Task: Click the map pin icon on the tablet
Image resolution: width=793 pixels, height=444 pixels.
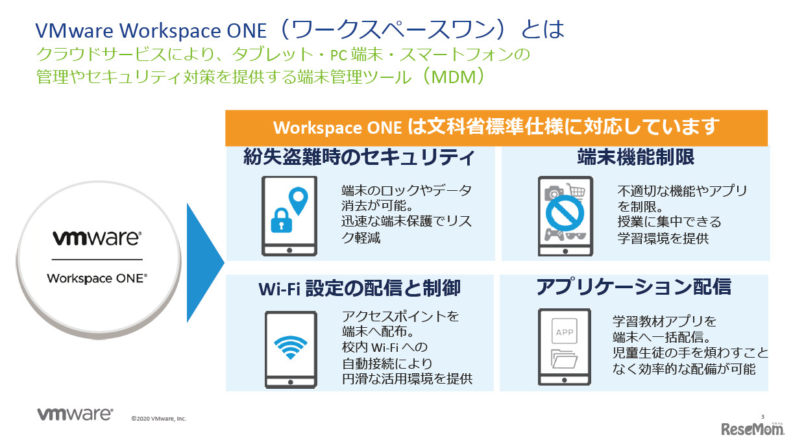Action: [298, 199]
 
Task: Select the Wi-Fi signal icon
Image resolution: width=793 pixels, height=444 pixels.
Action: [290, 348]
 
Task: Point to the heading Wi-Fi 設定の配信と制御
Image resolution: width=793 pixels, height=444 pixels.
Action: [360, 287]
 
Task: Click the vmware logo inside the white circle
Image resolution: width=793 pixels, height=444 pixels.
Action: [97, 238]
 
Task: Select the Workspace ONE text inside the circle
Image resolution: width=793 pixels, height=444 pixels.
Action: [97, 278]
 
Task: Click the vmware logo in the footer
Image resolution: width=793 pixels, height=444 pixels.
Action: [75, 415]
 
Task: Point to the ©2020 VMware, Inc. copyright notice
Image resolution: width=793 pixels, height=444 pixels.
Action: [158, 419]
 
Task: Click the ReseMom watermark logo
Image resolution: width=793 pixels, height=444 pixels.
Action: [752, 428]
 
